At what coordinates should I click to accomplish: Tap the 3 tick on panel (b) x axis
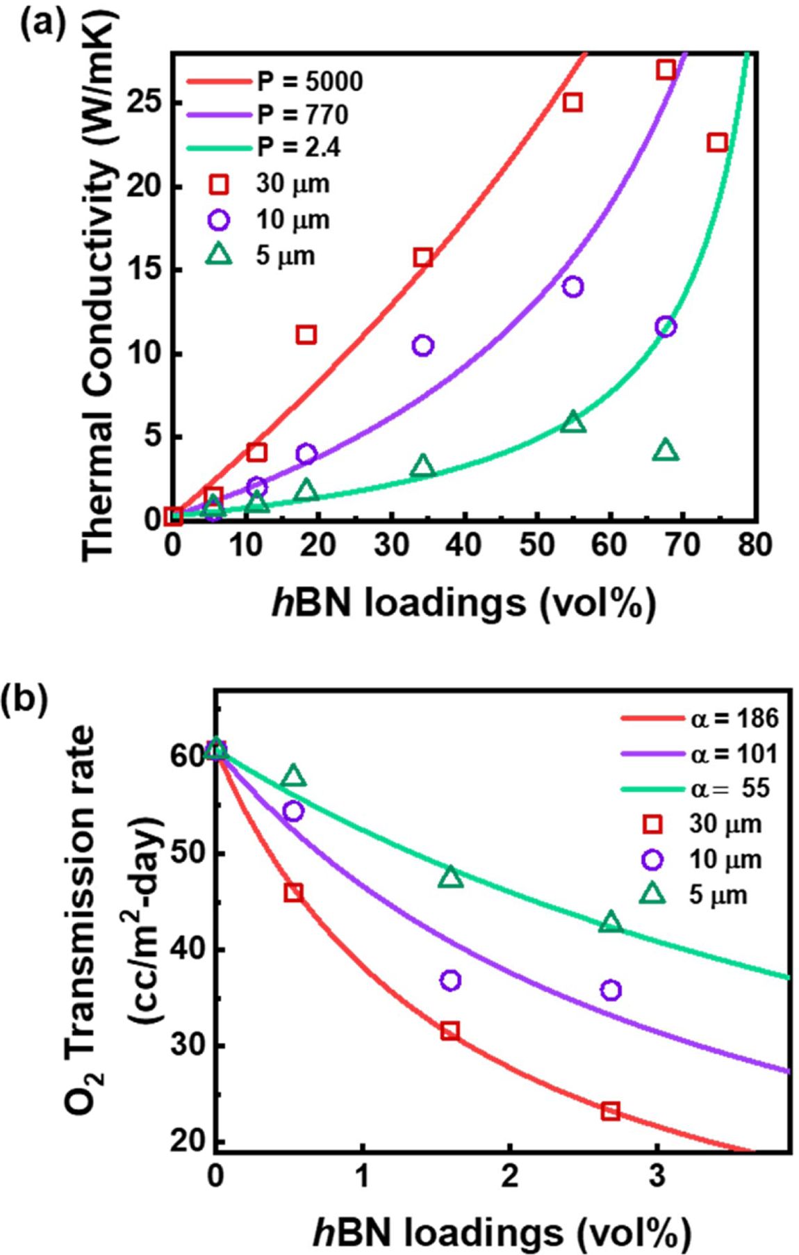click(x=657, y=1174)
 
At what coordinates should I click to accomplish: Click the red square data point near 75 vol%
click(x=717, y=143)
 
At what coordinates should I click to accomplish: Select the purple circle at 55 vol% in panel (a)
click(x=573, y=286)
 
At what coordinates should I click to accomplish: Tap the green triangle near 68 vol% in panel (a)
click(x=666, y=451)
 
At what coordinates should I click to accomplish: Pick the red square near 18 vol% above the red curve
click(x=306, y=335)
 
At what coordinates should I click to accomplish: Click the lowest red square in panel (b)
click(x=610, y=1110)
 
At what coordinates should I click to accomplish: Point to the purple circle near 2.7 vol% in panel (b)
click(x=611, y=990)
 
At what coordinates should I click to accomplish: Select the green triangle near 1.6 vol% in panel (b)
click(x=451, y=877)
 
